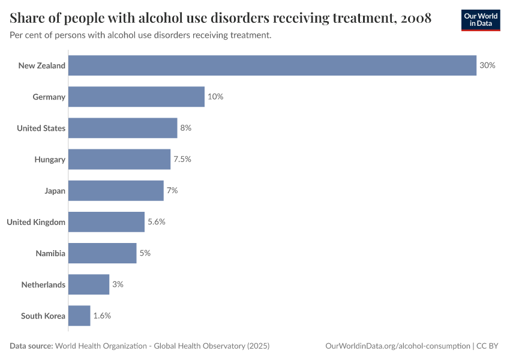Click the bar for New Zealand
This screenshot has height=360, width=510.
pos(272,65)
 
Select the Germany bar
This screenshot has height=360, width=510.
pos(136,97)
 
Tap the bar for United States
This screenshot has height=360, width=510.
pos(122,128)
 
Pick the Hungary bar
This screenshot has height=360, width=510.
pos(119,159)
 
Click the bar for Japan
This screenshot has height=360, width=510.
pos(116,190)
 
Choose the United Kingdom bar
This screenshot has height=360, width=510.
pos(106,222)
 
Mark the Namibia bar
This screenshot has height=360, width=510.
pos(102,253)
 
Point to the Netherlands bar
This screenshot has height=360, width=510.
pos(89,284)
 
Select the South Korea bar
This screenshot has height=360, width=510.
pos(79,316)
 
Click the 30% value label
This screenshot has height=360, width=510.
pos(487,65)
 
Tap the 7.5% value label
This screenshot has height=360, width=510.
pos(182,159)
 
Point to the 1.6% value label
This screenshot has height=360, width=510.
pos(102,316)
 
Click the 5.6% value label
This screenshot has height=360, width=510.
pos(156,222)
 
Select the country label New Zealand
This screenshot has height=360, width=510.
pos(42,65)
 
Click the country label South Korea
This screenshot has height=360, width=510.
pos(43,316)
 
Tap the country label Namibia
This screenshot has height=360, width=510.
pos(50,253)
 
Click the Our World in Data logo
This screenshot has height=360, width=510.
pos(481,20)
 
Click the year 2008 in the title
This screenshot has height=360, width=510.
pos(415,18)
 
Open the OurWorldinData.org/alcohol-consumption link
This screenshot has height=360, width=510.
pos(397,346)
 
